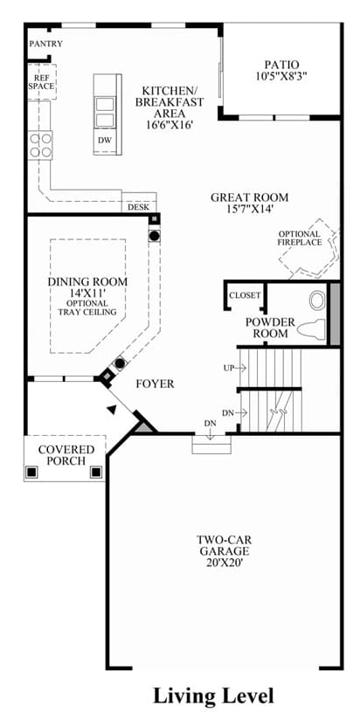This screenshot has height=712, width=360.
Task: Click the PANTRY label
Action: pos(45,44)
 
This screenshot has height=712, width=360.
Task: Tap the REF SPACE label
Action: pos(41,82)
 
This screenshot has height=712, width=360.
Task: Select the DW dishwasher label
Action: pos(104,141)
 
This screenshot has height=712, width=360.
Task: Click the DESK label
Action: pos(138,207)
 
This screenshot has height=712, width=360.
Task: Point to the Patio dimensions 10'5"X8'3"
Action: pos(281,76)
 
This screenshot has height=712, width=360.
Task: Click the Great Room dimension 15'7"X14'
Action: pos(250,209)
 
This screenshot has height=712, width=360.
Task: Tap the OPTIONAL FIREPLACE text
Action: pos(300,238)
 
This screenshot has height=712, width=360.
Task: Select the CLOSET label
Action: pos(246,295)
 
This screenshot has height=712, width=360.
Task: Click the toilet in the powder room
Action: pos(312,328)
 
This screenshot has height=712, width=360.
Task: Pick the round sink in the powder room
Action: pos(317,301)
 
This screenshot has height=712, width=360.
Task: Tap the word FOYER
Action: pos(156,384)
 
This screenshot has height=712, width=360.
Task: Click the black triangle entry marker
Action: pos(111,409)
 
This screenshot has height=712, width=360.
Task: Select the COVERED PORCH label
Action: pos(66,455)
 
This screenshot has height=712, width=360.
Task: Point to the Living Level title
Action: pos(213,695)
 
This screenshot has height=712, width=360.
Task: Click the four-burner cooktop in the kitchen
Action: pos(40,145)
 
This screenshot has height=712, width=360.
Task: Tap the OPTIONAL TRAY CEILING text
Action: pos(87,308)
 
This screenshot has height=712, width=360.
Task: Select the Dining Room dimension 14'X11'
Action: pos(87,294)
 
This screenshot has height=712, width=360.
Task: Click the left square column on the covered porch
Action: pos(31,472)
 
